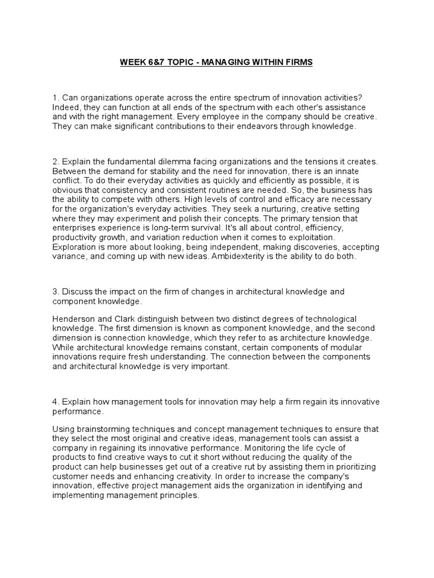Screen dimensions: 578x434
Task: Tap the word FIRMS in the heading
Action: pos(298,62)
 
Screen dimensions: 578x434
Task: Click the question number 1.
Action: pos(55,98)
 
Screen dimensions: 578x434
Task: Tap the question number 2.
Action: pos(55,161)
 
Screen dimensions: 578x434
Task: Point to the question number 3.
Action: pos(55,291)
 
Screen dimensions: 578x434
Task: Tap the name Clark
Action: pos(129,319)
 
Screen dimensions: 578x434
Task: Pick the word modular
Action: pos(342,348)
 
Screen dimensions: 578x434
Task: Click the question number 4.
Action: pos(55,402)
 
